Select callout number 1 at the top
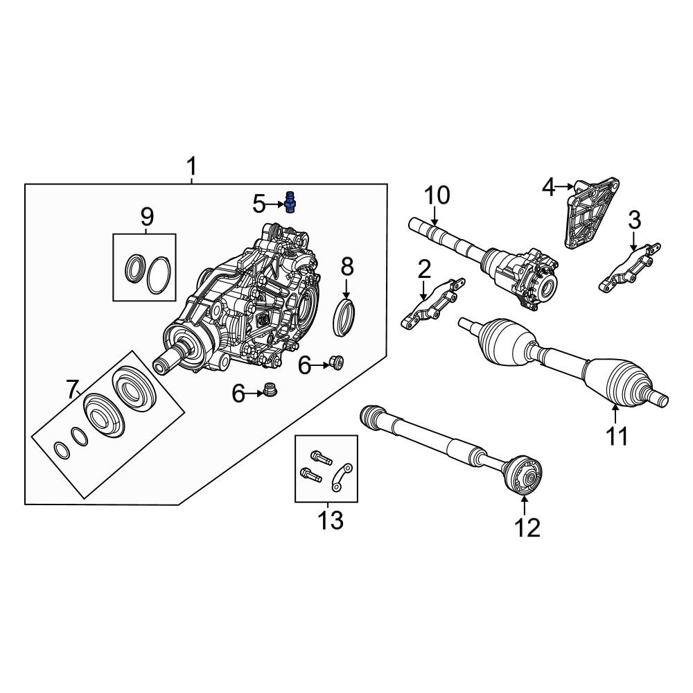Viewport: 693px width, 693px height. coord(191,167)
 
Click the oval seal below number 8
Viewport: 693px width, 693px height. coord(345,316)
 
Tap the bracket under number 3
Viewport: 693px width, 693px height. coord(629,269)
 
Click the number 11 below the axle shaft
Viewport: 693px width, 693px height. coord(616,437)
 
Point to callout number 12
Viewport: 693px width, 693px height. coord(527,527)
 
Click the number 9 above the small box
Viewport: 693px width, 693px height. coord(147,217)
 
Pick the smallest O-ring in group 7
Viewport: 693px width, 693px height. coord(62,451)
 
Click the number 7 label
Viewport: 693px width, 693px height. coord(73,390)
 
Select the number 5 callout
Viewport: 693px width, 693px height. coord(259,204)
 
